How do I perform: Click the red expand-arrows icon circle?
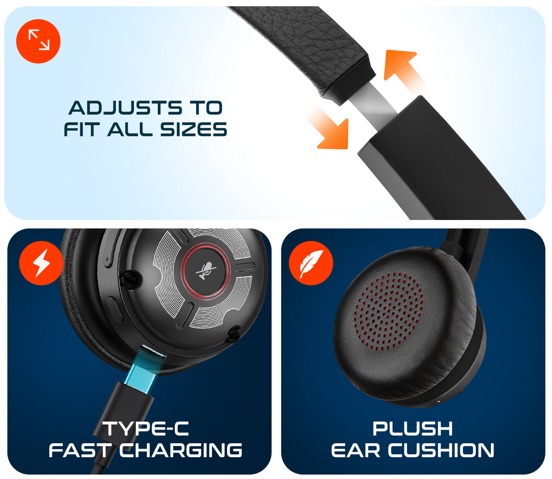[38, 41]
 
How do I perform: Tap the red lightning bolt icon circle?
[41, 263]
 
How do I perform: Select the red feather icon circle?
[311, 263]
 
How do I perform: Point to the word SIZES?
[194, 129]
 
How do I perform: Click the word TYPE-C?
[146, 429]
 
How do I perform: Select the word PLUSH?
[413, 429]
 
